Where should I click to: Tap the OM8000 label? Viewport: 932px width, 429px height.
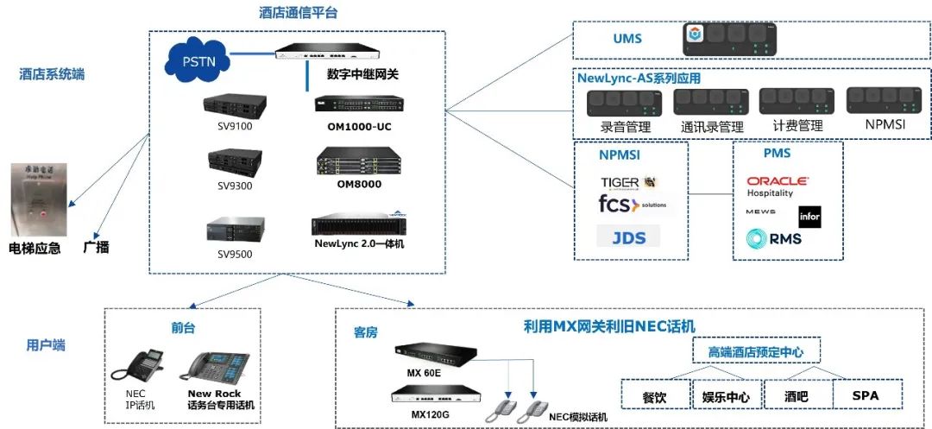359,184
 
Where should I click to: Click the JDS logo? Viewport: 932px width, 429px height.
628,237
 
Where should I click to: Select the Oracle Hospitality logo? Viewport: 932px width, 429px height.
778,186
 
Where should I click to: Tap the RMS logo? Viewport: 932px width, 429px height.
774,238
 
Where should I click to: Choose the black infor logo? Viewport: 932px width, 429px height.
809,217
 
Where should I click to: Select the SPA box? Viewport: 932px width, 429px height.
866,395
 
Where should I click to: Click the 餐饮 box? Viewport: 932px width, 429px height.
655,396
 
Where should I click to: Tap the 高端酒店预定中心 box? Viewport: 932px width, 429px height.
757,351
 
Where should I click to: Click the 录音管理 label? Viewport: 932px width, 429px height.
626,126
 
